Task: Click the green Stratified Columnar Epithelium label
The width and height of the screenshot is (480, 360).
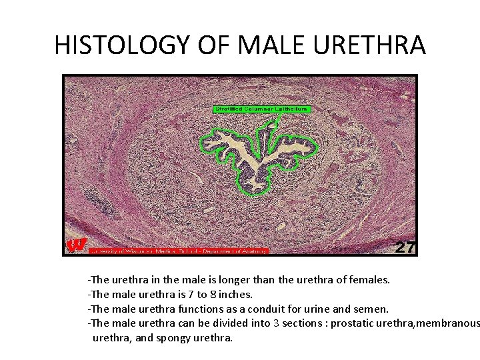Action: (x=262, y=109)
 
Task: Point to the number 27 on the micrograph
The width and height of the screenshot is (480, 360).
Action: (x=405, y=247)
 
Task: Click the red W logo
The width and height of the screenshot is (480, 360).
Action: (x=77, y=245)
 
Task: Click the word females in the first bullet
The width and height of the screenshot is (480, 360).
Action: (x=370, y=280)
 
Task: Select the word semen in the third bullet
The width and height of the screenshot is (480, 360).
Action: (x=371, y=309)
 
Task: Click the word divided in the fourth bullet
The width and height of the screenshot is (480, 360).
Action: (x=231, y=323)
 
